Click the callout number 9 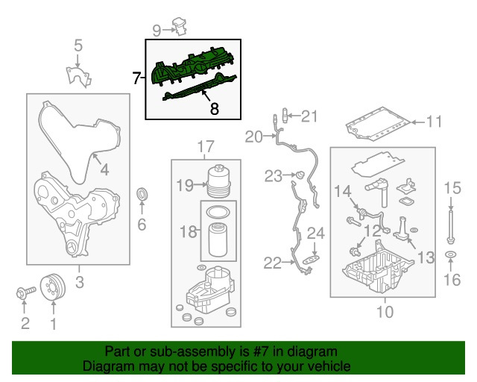[x=157, y=30]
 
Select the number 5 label [x=78, y=48]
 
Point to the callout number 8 [x=214, y=109]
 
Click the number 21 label [x=309, y=116]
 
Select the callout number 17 [x=205, y=145]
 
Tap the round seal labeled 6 [x=142, y=195]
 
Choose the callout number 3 [x=79, y=282]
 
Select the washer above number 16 [x=451, y=257]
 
